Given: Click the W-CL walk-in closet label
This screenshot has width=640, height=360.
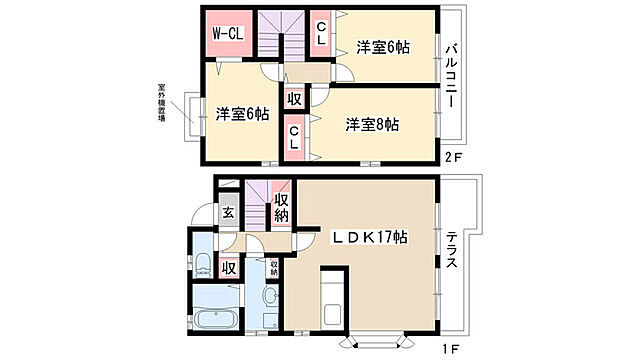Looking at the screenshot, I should coord(226,34).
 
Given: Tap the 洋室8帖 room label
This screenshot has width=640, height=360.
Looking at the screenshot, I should coord(373,125).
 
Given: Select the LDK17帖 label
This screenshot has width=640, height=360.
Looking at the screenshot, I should coord(370,237).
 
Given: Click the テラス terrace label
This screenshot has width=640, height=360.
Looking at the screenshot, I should coord(452,250).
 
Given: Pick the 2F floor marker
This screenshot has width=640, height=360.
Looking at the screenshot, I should coord(455,157).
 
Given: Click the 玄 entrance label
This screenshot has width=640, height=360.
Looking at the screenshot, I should coord(227,212).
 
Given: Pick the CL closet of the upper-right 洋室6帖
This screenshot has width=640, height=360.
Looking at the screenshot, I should coord(321,33).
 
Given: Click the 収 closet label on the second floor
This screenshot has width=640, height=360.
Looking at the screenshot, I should coord(294,100).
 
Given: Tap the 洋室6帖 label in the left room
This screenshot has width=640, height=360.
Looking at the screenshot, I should coord(241,114).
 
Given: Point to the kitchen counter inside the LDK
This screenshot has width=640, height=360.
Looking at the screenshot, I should coord(333,297).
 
